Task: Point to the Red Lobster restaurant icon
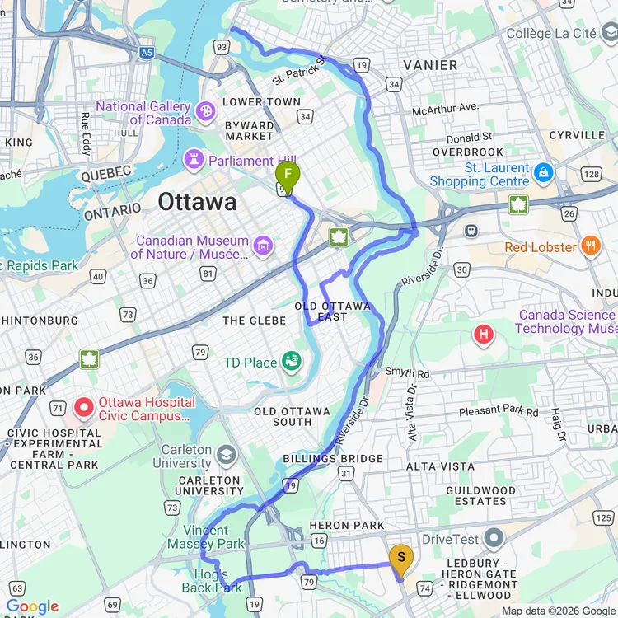pyautogui.click(x=590, y=246)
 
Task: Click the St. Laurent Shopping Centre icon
pyautogui.click(x=543, y=173)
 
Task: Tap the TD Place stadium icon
pyautogui.click(x=291, y=361)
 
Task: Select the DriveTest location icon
pyautogui.click(x=494, y=540)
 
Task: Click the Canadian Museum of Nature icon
pyautogui.click(x=263, y=245)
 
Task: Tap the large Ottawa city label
pyautogui.click(x=197, y=202)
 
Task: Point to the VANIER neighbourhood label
pyautogui.click(x=430, y=65)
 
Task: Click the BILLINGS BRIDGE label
pyautogui.click(x=333, y=458)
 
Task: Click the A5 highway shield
pyautogui.click(x=147, y=52)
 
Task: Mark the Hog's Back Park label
pyautogui.click(x=212, y=581)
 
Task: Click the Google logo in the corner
pyautogui.click(x=32, y=606)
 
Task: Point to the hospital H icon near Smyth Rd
pyautogui.click(x=485, y=334)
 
